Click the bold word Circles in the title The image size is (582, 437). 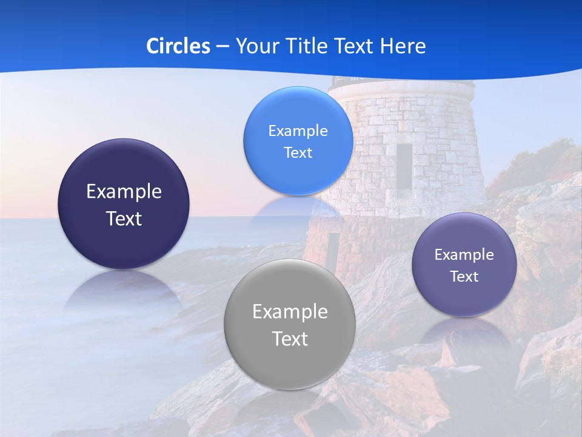click(178, 46)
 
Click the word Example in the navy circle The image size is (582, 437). click(124, 192)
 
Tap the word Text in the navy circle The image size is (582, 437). click(124, 219)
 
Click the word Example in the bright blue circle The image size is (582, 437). click(298, 131)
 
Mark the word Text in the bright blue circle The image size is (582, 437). click(298, 153)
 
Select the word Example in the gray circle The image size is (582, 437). click(290, 312)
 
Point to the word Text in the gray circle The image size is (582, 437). click(290, 339)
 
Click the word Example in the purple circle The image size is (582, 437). click(464, 255)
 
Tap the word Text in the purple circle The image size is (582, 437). click(464, 277)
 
